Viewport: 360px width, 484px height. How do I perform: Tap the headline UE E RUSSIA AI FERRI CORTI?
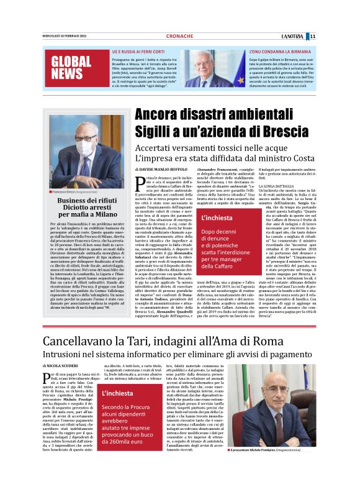click(138, 51)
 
